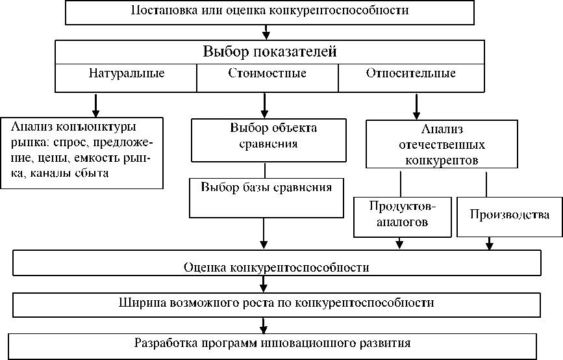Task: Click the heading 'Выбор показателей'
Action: pos(270,52)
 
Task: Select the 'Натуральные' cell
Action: pos(126,73)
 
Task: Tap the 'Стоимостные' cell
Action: pos(267,73)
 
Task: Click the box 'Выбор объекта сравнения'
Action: pos(264,136)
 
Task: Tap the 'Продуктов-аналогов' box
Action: pos(403,214)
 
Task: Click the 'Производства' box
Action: pos(509,215)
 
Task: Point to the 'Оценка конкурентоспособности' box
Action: pos(277,267)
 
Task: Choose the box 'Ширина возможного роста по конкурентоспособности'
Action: pos(277,303)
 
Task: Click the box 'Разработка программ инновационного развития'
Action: pos(273,342)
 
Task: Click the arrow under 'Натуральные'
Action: pos(96,104)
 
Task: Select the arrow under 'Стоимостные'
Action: pos(264,104)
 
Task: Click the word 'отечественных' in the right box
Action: pos(441,144)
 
